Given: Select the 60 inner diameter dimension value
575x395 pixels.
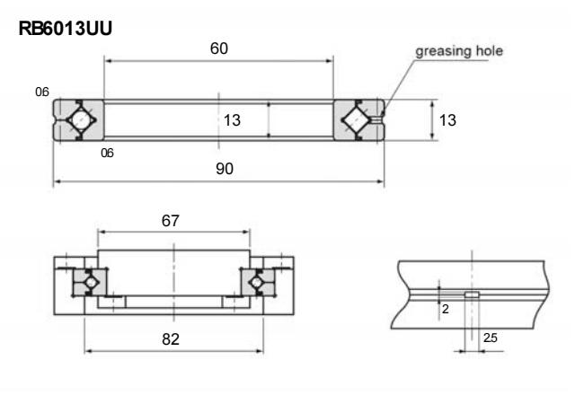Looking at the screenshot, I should pyautogui.click(x=218, y=48).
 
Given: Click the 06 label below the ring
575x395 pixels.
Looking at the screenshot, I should pyautogui.click(x=108, y=154).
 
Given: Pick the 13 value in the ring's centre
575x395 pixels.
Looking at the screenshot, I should pyautogui.click(x=232, y=120).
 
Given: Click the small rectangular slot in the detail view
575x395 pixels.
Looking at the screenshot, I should pyautogui.click(x=472, y=294).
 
